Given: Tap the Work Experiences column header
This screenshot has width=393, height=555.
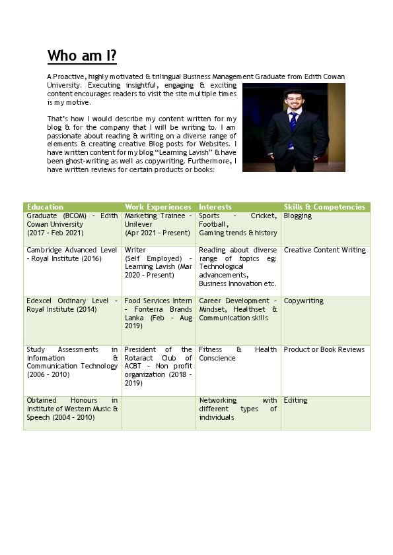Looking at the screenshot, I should [158, 207].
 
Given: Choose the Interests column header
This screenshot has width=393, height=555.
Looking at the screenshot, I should [215, 207].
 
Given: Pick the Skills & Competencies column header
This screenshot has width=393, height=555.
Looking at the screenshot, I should [324, 207].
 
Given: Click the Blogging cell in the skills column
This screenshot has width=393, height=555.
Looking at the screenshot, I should [298, 216].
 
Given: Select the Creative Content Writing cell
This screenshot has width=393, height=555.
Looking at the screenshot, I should [324, 250].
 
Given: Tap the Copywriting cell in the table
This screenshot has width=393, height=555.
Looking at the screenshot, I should [304, 301].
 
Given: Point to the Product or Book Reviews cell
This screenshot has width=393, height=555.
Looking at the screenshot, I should [324, 349].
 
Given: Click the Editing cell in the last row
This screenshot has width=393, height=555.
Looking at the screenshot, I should [295, 400].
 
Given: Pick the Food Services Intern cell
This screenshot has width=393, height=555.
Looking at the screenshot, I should [159, 313].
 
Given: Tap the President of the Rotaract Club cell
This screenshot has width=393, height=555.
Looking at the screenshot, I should [159, 366].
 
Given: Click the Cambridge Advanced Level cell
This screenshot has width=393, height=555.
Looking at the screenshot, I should [72, 254].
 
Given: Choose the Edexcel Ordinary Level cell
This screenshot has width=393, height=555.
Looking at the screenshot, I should [72, 305].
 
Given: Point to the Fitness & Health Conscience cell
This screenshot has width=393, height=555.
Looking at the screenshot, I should [238, 354].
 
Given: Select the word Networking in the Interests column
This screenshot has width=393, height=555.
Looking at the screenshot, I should [218, 400].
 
